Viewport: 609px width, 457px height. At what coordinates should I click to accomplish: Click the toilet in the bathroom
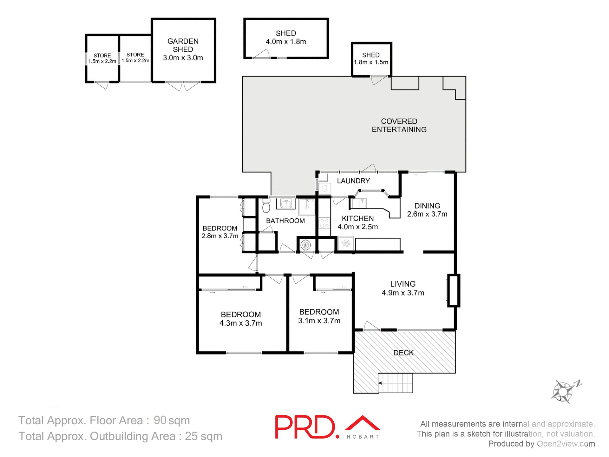click(266, 206)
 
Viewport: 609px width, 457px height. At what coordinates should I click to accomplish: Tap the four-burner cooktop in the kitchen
click(324, 223)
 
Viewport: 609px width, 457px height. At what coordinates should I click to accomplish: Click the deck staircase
click(396, 383)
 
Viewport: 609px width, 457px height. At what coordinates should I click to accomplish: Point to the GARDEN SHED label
click(183, 45)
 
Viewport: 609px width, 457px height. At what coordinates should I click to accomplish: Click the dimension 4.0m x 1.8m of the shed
click(286, 42)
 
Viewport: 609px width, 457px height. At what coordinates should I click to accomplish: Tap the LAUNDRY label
click(353, 181)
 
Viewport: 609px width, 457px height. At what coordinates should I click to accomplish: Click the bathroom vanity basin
click(286, 203)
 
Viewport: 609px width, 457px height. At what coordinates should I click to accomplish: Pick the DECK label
click(403, 353)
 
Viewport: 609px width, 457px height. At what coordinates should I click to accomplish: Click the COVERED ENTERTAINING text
click(399, 125)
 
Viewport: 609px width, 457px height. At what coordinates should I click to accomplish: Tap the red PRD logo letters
click(304, 427)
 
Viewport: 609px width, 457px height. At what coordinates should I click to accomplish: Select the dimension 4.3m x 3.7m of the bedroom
click(241, 323)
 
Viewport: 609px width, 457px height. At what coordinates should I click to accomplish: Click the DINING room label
click(427, 206)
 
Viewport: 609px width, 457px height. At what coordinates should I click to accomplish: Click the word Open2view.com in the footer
click(566, 444)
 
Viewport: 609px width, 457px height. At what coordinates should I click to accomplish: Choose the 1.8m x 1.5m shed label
click(371, 62)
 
